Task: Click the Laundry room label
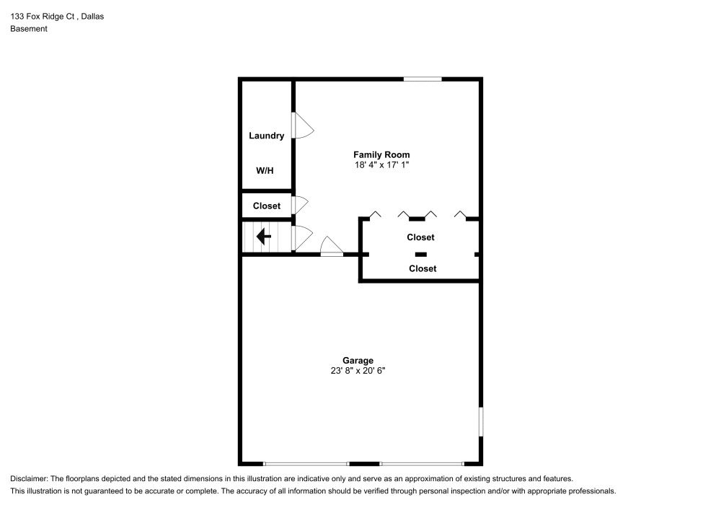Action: tap(266, 136)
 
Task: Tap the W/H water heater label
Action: tap(265, 171)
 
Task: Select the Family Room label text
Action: tap(381, 154)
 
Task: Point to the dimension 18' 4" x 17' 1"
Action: tap(381, 165)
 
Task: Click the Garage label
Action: tap(358, 361)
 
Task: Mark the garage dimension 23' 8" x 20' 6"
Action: tap(358, 371)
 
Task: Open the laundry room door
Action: tap(302, 126)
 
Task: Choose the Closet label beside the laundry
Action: tap(266, 206)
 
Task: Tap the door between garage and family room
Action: tap(332, 247)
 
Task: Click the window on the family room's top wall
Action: tap(423, 79)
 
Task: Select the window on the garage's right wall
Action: tap(481, 421)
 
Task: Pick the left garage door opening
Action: tap(306, 463)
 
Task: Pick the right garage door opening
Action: tap(422, 463)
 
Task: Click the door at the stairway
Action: tap(301, 237)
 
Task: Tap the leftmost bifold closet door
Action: tap(375, 214)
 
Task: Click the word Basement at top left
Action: tap(29, 29)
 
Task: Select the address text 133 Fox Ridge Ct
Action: tap(43, 16)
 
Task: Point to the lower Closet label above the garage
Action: tap(422, 268)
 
